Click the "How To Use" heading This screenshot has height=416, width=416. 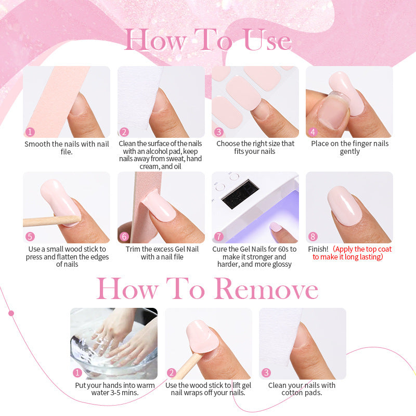[x=208, y=41]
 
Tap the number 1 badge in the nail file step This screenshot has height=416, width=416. [x=30, y=132]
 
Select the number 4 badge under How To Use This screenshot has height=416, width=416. [x=313, y=132]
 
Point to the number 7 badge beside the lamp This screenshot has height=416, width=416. [x=219, y=237]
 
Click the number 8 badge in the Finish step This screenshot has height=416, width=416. [x=313, y=237]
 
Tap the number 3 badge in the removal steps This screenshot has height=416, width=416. [x=266, y=372]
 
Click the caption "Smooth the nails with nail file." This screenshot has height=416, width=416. [x=67, y=148]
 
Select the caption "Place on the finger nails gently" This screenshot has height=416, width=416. [x=349, y=148]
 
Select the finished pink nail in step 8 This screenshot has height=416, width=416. [x=345, y=205]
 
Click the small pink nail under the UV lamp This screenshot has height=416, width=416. [x=276, y=227]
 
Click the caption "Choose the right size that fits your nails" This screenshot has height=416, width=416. [x=255, y=148]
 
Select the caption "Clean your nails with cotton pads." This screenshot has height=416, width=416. [x=302, y=389]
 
